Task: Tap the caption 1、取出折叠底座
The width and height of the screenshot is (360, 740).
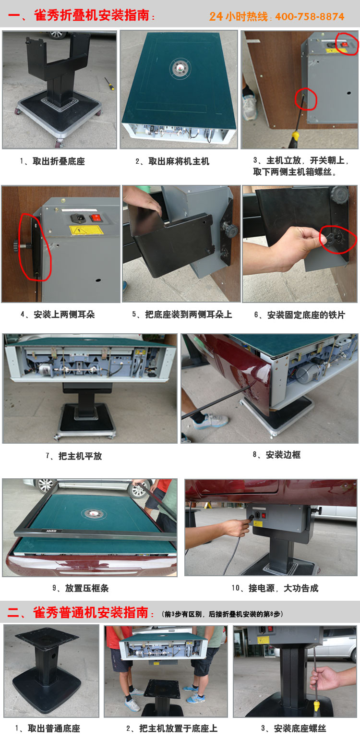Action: (52, 162)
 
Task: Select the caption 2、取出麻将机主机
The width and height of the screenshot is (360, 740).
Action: (172, 162)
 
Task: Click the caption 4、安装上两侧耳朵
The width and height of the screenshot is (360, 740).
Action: (58, 315)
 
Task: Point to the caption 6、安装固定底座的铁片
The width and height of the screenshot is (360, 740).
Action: (300, 315)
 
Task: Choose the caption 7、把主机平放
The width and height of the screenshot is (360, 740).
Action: (74, 456)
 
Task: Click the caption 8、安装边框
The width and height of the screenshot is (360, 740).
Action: (276, 455)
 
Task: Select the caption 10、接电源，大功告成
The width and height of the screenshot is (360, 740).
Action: (275, 588)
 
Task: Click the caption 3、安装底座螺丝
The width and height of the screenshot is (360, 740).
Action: (293, 728)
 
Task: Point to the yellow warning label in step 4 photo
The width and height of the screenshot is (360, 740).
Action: (83, 230)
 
